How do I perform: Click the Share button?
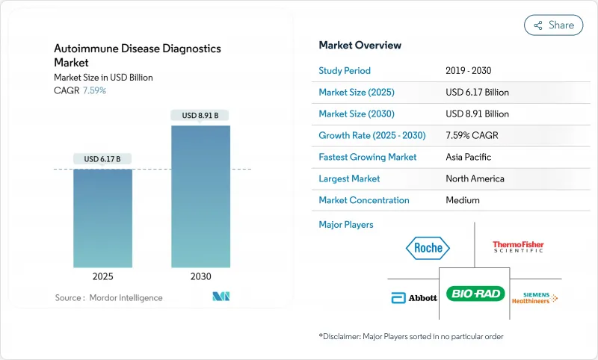pos(553,25)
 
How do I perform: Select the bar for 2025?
pos(102,218)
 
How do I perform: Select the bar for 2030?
pos(200,196)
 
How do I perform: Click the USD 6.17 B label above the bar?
pos(102,158)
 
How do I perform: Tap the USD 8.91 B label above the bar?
pos(200,115)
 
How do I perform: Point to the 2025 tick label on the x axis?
pos(102,276)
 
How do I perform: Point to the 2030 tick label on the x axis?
pos(200,276)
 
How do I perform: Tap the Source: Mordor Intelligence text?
pos(108,298)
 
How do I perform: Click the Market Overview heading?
pos(360,46)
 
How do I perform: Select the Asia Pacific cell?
pos(469,157)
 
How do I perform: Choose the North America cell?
pos(475,179)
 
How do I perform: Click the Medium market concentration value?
pos(462,200)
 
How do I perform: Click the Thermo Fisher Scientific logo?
pos(518,246)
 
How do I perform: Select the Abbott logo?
pos(414,297)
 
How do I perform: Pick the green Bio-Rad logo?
pos(475,294)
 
